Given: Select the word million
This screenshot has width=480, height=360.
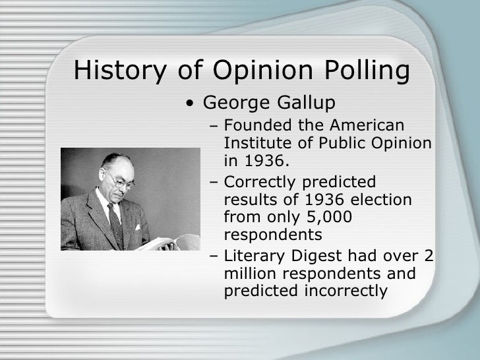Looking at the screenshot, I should click(x=247, y=272).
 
